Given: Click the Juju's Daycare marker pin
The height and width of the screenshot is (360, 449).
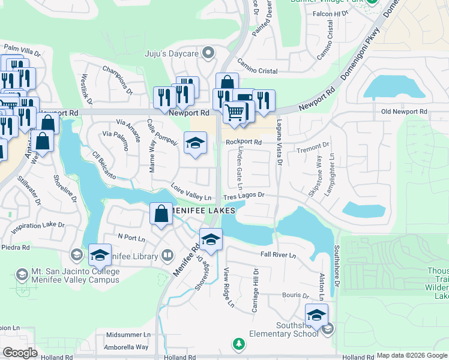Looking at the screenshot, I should (x=208, y=53).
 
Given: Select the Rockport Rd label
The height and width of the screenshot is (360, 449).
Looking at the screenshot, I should (x=244, y=142).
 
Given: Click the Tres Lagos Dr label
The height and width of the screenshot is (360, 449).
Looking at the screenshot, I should (x=244, y=196).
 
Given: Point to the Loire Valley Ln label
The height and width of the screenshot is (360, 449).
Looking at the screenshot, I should (x=190, y=192).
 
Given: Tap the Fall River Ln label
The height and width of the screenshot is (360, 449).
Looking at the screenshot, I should (x=279, y=255).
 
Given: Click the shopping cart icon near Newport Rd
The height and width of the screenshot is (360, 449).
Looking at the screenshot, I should (x=235, y=111).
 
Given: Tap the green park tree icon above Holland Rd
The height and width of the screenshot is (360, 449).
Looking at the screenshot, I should (x=239, y=344).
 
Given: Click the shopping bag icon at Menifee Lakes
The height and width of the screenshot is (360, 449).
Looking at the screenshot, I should (x=161, y=214).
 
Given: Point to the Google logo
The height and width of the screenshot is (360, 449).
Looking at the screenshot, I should (x=20, y=352).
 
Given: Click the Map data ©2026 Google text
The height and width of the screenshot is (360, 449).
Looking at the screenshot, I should (x=412, y=355).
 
